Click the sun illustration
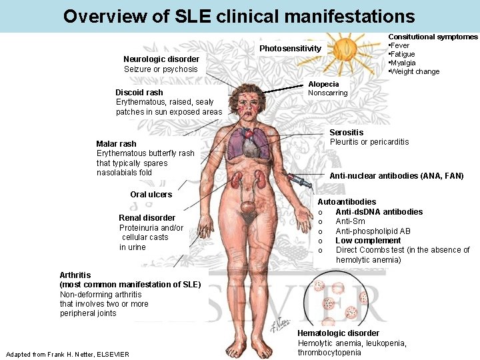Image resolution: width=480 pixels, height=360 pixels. tap(345, 49)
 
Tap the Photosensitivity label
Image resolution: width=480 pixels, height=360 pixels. tap(290, 49)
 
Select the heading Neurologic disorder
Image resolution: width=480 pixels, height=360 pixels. tap(161, 59)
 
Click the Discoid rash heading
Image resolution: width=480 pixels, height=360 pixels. tap(139, 93)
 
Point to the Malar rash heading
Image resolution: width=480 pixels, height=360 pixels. tap(116, 144)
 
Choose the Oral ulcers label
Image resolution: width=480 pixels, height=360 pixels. tap(151, 195)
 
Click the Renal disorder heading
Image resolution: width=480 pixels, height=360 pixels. tap(147, 218)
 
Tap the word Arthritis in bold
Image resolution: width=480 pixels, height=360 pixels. tap(75, 275)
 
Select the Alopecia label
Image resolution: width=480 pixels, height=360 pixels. tap(323, 84)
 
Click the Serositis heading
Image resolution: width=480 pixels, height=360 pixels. tap(347, 133)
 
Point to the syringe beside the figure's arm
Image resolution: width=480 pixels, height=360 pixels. tap(297, 179)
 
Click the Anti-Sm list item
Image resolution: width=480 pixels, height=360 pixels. tap(350, 221)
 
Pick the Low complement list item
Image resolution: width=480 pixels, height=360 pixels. tap(368, 241)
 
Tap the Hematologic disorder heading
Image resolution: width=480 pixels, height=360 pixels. tap(338, 333)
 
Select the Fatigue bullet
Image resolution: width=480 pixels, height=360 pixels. tap(403, 54)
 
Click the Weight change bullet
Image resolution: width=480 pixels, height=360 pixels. tap(415, 71)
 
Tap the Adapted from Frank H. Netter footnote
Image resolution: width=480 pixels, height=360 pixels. tap(67, 354)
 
